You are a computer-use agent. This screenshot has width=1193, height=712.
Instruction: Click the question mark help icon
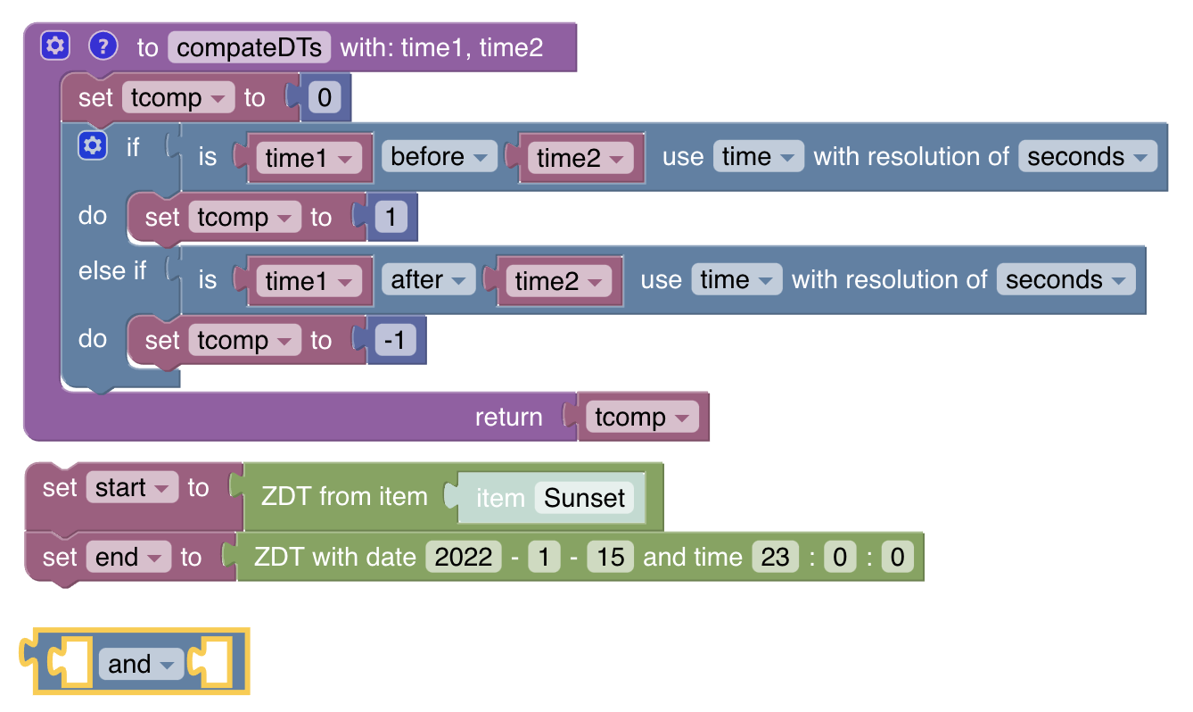[x=103, y=46]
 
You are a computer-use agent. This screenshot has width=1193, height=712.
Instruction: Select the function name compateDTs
[x=250, y=47]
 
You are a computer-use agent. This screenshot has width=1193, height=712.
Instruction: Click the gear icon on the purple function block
[x=55, y=46]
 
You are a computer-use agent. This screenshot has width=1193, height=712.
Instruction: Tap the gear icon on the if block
[x=93, y=145]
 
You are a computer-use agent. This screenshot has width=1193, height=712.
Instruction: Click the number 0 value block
[x=324, y=98]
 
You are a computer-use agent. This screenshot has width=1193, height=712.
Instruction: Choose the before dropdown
[x=439, y=157]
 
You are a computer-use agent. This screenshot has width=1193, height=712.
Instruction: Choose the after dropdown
[x=428, y=280]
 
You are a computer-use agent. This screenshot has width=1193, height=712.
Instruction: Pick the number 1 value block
[x=391, y=218]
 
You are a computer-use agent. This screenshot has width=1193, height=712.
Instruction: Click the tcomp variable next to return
[x=641, y=418]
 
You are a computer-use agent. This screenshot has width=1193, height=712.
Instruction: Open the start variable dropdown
[x=131, y=488]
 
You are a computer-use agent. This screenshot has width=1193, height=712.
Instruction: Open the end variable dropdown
[x=128, y=558]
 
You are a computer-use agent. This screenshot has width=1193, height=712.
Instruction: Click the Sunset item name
[x=584, y=498]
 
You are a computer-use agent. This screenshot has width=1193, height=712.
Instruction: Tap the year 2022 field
[x=464, y=558]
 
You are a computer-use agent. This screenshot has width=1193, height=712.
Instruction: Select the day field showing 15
[x=611, y=558]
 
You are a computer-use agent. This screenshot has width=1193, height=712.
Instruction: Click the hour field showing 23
[x=775, y=558]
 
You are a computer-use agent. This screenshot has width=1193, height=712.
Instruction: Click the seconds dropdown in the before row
[x=1087, y=157]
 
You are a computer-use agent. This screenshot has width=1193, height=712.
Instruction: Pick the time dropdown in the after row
[x=736, y=280]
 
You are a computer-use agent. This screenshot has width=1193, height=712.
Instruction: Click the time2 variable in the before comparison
[x=579, y=159]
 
